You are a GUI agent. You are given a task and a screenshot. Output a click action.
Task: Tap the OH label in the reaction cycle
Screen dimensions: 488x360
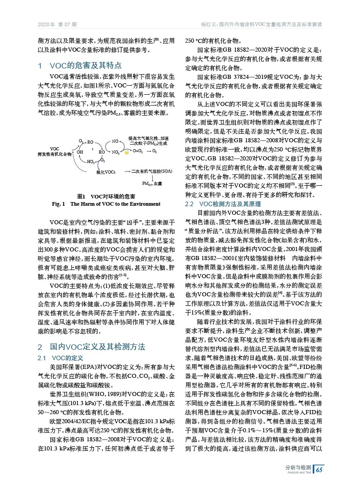point(80,152)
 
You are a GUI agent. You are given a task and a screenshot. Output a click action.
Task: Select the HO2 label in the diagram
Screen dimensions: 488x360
point(90,161)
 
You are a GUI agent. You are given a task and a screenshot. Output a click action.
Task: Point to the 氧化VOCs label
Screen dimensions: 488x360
point(106,172)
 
